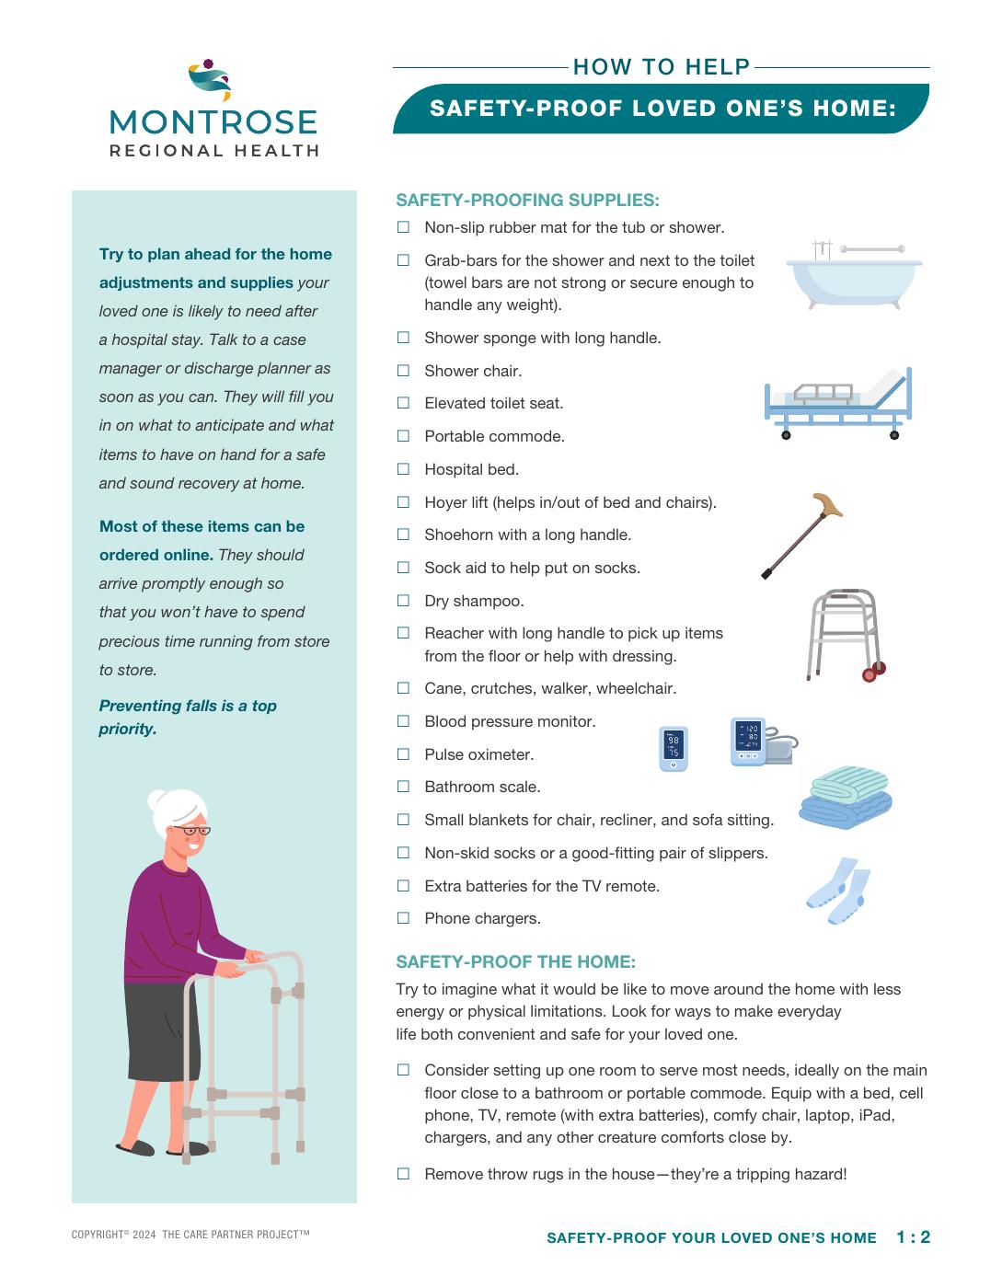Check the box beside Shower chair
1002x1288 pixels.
point(403,371)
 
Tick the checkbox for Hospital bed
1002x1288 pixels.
point(403,469)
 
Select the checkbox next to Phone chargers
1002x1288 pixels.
point(403,917)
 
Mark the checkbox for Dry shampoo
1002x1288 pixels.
point(403,601)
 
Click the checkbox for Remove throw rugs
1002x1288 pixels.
point(403,1174)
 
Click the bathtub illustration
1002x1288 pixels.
point(853,276)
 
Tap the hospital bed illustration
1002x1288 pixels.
point(838,403)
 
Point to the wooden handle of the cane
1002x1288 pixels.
point(828,504)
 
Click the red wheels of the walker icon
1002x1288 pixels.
point(873,673)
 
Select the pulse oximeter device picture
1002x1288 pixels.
point(674,749)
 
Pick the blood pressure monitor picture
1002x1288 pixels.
point(764,742)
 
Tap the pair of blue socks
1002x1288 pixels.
point(838,891)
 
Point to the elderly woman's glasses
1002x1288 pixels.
point(191,831)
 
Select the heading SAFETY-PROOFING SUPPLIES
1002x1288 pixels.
point(527,201)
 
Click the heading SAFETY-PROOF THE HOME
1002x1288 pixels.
point(515,961)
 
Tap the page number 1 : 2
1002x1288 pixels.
point(913,1237)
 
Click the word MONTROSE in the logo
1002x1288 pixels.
point(213,122)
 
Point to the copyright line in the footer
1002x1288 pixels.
point(190,1235)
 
